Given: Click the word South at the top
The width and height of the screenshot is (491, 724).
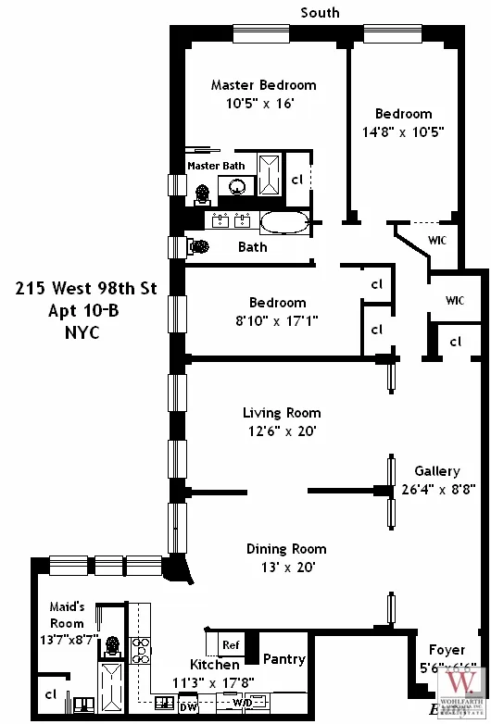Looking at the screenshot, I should pyautogui.click(x=320, y=12).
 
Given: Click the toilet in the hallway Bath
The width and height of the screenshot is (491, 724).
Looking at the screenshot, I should pyautogui.click(x=199, y=247).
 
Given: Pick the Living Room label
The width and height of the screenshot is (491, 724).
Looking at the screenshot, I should pyautogui.click(x=282, y=413).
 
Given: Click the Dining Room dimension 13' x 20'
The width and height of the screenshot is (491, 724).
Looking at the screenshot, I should pyautogui.click(x=285, y=567).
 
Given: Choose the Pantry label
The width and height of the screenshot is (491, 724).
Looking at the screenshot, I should pyautogui.click(x=284, y=659).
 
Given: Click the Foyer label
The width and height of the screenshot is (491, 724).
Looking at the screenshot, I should pyautogui.click(x=447, y=650).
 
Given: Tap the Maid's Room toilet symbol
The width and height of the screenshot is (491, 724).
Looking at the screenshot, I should pyautogui.click(x=112, y=644).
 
